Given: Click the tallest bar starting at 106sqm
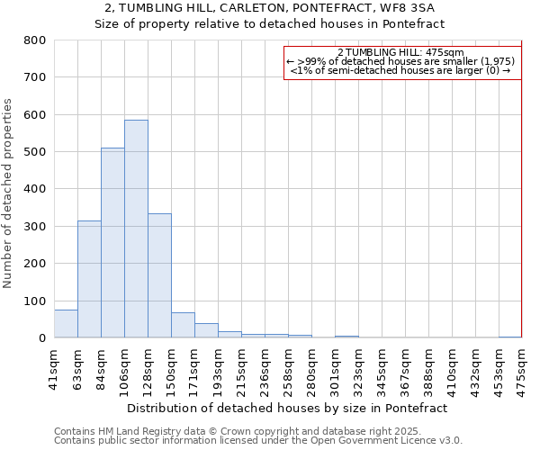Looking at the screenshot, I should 136,229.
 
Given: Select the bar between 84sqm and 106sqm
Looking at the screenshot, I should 112,243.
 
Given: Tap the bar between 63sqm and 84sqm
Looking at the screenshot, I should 89,279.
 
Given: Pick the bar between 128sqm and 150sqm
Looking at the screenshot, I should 159,275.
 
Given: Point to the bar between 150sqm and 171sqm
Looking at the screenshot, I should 183,326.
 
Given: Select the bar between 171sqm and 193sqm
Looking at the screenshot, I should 206,331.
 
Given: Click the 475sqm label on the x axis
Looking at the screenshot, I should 522,368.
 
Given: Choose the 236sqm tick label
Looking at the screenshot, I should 265,368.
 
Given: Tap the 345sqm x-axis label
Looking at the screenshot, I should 382,368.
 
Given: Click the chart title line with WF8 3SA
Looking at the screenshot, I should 270,8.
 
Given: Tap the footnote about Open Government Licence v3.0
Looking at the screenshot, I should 258,441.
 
